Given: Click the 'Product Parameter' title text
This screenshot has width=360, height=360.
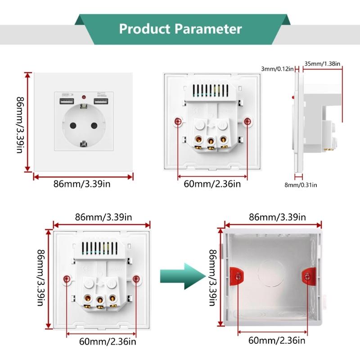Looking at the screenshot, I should pyautogui.click(x=180, y=29).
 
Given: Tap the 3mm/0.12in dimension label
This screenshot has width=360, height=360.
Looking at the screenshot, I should pyautogui.click(x=277, y=68).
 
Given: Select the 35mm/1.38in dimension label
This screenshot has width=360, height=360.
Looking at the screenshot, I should pyautogui.click(x=322, y=63).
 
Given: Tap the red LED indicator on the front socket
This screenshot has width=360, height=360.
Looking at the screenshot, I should pyautogui.click(x=84, y=97).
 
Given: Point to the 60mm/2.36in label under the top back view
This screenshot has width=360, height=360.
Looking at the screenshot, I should pyautogui.click(x=212, y=184).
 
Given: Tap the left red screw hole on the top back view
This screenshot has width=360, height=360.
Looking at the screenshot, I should pyautogui.click(x=178, y=122).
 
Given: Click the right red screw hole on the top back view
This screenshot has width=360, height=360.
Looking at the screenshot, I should pyautogui.click(x=247, y=121).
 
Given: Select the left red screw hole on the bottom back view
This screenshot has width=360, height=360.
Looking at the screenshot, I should pyautogui.click(x=67, y=279).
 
